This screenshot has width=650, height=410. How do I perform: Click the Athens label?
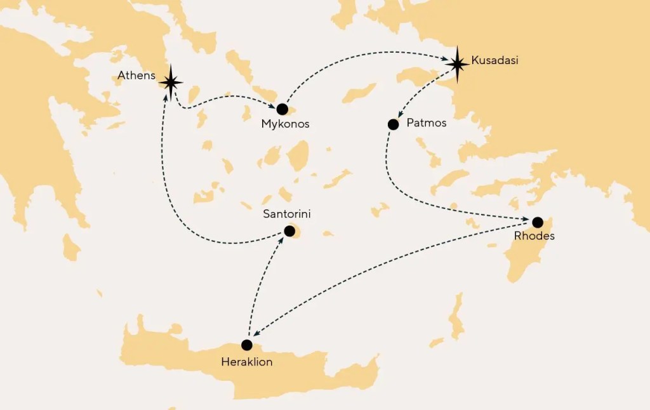[x=136, y=76]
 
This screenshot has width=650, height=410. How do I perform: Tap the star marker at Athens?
[x=170, y=81]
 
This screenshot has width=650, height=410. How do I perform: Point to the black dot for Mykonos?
[x=282, y=109]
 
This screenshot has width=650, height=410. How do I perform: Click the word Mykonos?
[x=286, y=124]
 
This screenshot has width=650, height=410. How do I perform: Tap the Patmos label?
[x=427, y=123]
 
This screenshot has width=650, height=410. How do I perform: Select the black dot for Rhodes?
[x=538, y=222]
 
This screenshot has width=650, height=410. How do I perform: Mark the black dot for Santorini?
[x=289, y=231]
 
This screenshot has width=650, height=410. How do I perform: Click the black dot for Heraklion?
[x=247, y=345]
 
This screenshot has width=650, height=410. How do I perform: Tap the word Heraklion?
[x=248, y=362]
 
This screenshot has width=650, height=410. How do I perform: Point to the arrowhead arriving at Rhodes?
[x=527, y=220]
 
